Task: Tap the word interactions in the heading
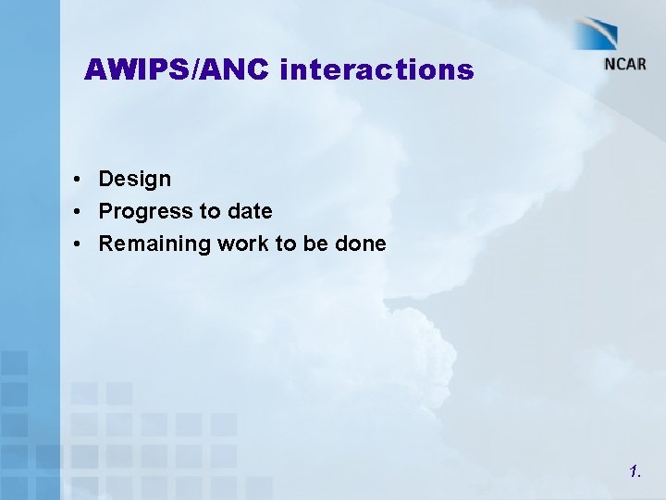[376, 70]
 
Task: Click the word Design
[135, 179]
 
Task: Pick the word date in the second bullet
[250, 211]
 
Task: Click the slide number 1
[634, 472]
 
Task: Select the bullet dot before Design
[82, 179]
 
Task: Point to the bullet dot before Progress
[82, 212]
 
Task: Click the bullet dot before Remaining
[82, 244]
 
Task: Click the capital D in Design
[106, 178]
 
